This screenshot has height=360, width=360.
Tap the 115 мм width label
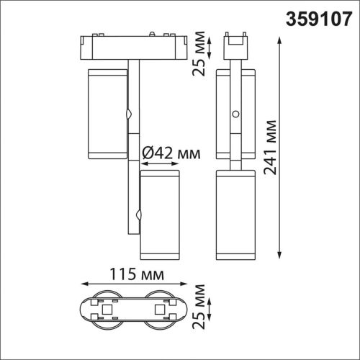(x=135, y=275)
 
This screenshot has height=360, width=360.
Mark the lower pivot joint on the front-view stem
(x=140, y=214)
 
